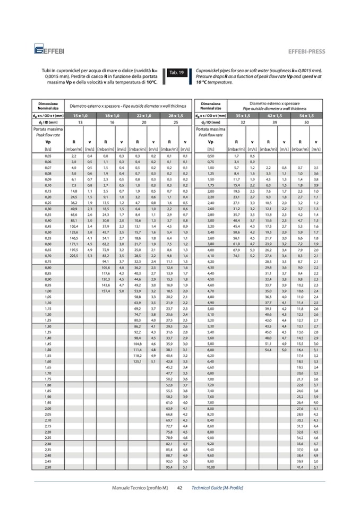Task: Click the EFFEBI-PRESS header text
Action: (x=306, y=51)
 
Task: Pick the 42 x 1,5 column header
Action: (x=275, y=115)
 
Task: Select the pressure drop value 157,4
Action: (x=105, y=291)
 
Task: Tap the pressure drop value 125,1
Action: (x=138, y=360)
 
